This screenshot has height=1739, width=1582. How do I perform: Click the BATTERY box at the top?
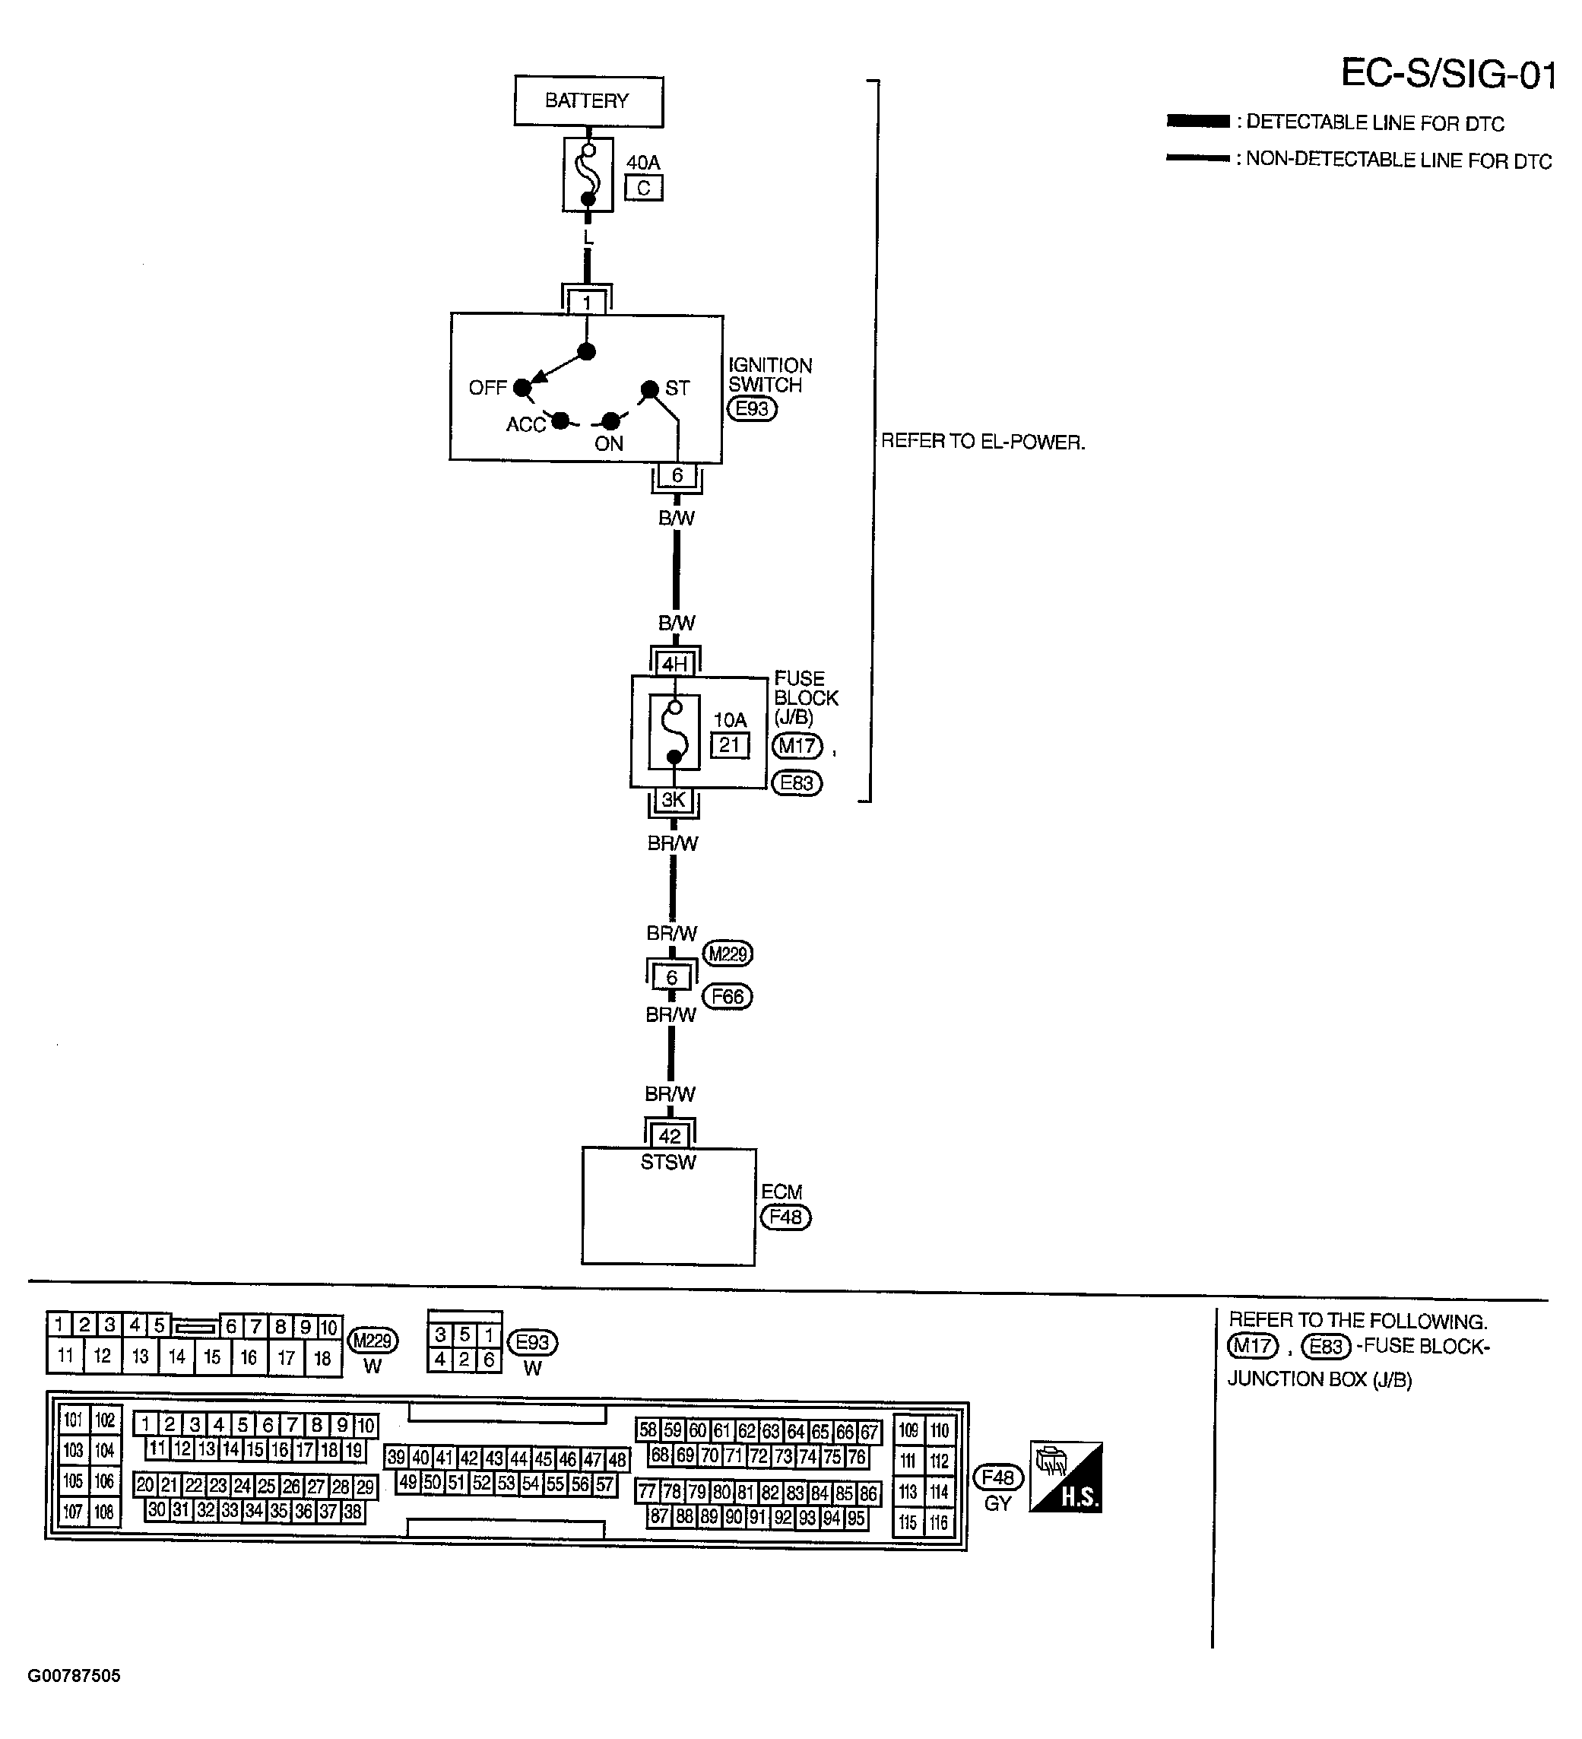(588, 101)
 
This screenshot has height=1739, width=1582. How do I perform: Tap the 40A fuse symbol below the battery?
(588, 175)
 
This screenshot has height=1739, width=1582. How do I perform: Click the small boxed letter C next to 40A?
(643, 188)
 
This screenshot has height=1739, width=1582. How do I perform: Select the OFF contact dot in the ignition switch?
(522, 387)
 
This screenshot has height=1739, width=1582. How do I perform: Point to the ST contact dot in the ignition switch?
(649, 389)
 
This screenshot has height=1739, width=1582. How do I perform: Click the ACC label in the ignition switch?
(525, 424)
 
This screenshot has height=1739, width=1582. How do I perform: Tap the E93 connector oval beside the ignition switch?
(752, 408)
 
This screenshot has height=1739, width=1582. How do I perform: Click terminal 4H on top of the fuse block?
(674, 663)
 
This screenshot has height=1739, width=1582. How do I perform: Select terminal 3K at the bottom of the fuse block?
(673, 800)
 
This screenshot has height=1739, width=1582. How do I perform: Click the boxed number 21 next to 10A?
(730, 744)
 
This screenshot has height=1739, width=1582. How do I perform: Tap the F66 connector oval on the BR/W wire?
(728, 996)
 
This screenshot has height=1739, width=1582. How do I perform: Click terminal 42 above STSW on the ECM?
(670, 1136)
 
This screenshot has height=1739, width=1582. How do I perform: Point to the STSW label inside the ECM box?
(667, 1162)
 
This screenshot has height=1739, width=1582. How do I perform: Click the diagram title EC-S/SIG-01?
(1448, 75)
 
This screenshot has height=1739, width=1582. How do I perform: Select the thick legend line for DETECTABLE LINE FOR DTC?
(1197, 122)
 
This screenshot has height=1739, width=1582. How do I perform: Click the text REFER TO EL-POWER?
(982, 442)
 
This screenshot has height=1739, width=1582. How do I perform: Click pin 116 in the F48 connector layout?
(939, 1522)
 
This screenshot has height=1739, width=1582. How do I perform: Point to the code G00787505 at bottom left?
(75, 1676)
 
